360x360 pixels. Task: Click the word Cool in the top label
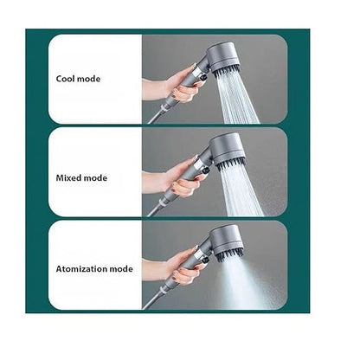[66, 79]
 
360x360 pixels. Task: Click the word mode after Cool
[88, 79]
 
